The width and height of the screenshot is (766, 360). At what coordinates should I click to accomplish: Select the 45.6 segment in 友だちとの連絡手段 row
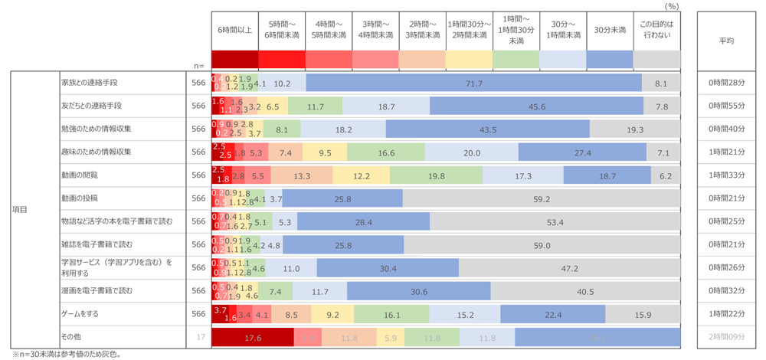point(537,106)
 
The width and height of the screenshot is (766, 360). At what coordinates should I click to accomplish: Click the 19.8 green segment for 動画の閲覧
point(436,175)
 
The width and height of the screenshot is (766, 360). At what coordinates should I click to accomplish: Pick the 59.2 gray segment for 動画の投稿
point(542,199)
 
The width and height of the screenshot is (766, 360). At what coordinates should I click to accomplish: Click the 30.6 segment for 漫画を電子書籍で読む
point(419,291)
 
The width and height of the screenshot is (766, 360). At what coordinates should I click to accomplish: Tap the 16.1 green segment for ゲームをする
point(391,314)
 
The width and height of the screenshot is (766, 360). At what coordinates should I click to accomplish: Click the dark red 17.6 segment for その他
point(252,338)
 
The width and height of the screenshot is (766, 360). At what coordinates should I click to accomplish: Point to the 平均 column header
point(727,40)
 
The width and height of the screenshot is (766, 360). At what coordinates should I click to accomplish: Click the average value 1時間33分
point(727,175)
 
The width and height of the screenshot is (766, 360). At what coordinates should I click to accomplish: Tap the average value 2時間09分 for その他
point(727,338)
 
